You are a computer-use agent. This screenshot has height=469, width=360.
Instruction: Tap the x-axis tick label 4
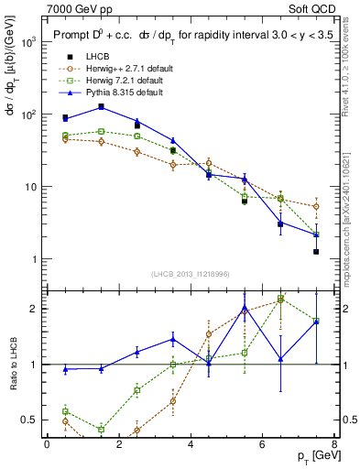191,443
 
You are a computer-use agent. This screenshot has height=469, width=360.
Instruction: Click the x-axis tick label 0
47,443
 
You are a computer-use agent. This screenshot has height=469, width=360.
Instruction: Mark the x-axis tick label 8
333,443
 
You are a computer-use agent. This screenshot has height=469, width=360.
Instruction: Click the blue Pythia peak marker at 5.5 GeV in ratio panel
245,307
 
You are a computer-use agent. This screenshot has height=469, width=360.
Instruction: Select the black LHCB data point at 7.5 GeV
316,251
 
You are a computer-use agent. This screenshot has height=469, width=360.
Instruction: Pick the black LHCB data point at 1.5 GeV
101,106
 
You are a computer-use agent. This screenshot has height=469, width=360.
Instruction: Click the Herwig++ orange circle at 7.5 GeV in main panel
316,206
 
